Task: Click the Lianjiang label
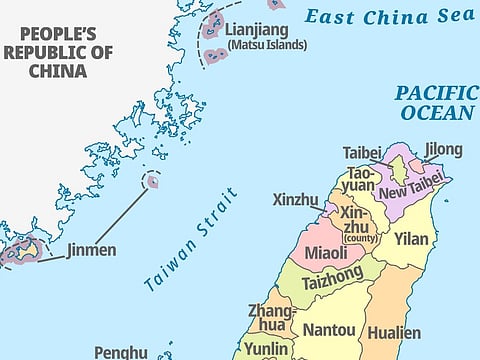tap(262, 30)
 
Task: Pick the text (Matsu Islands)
tap(267, 45)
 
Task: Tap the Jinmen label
tap(91, 250)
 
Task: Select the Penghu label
tap(121, 352)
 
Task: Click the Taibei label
tap(362, 153)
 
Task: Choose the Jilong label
tap(443, 150)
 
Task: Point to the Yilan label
tap(411, 239)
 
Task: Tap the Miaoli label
tap(325, 253)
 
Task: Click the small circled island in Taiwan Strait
tap(152, 181)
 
